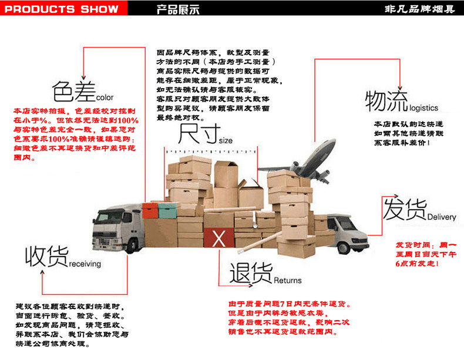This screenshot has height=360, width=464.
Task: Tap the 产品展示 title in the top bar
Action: tap(179, 9)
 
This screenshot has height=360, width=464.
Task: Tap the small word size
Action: tap(226, 141)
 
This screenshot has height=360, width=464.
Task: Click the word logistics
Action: tap(423, 109)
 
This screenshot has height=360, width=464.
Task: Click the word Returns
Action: tap(288, 280)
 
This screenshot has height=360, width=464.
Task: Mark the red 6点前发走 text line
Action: tap(417, 264)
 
